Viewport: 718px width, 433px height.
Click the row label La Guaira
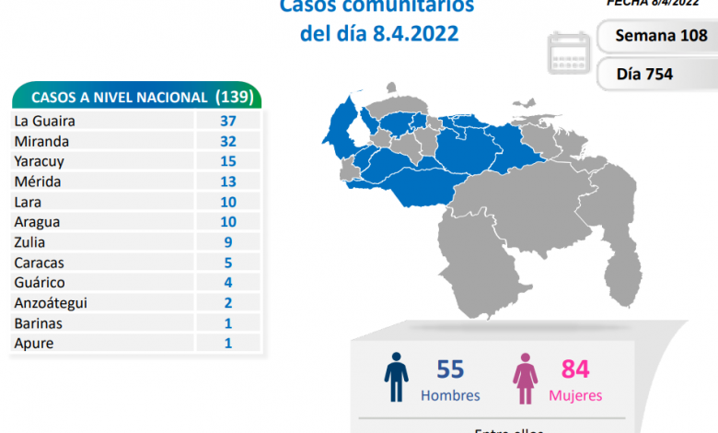(44, 121)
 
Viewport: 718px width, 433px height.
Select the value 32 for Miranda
(227, 141)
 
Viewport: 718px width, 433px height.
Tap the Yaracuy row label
(40, 161)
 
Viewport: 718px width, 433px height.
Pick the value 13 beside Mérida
(227, 181)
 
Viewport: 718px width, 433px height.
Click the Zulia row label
(29, 242)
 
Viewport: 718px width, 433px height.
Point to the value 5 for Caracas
(227, 263)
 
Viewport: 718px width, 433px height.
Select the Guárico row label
(39, 283)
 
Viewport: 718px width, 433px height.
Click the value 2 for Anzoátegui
(227, 303)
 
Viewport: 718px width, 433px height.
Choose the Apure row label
(34, 344)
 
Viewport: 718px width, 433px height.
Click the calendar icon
(569, 52)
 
